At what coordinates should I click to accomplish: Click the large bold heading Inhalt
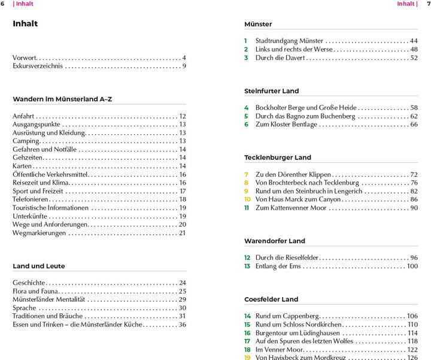pos(25,24)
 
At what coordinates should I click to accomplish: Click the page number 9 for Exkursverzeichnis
pos(184,66)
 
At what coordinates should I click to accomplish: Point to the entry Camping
pos(26,141)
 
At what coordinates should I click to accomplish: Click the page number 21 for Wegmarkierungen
pos(182,233)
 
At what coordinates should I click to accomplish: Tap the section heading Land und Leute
pos(39,266)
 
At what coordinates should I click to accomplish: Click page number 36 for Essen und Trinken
pos(182,324)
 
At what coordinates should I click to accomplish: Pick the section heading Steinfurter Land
pos(271,91)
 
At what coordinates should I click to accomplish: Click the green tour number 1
pos(245,41)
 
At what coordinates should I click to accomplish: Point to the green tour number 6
pos(246,124)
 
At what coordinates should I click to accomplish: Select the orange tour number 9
pos(246,191)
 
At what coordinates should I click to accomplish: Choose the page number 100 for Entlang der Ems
pos(412,266)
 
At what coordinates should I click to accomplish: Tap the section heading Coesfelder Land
pos(271,299)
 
